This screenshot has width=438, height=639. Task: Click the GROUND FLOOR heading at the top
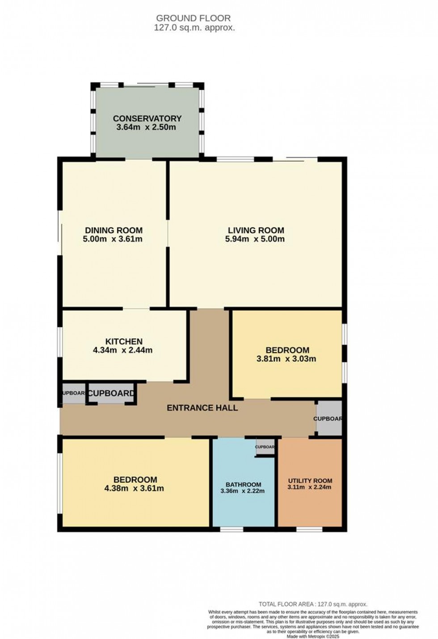click(x=193, y=18)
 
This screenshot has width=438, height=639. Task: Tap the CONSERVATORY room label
click(x=147, y=119)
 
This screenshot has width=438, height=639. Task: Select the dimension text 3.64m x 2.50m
click(x=146, y=127)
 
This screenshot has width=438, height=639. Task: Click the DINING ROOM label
click(x=114, y=230)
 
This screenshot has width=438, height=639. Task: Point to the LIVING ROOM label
click(x=255, y=230)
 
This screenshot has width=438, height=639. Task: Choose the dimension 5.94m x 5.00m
click(x=255, y=239)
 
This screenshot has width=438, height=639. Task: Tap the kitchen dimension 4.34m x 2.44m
click(x=122, y=350)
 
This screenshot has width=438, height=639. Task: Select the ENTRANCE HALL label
click(x=202, y=408)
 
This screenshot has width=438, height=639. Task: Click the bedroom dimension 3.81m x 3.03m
click(x=286, y=359)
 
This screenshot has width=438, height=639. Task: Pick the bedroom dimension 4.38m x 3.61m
click(x=134, y=488)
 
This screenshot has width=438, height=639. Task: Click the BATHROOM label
click(x=243, y=484)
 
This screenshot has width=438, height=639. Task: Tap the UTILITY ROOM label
click(x=310, y=481)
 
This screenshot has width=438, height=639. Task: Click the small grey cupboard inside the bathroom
click(x=265, y=447)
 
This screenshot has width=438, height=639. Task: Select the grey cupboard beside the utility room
click(x=329, y=419)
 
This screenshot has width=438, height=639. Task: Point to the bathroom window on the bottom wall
click(x=232, y=529)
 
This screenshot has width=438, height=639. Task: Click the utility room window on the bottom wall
click(x=309, y=529)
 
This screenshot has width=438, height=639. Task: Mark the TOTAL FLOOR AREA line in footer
click(x=313, y=604)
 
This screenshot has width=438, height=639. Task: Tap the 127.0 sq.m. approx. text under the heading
click(x=194, y=28)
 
